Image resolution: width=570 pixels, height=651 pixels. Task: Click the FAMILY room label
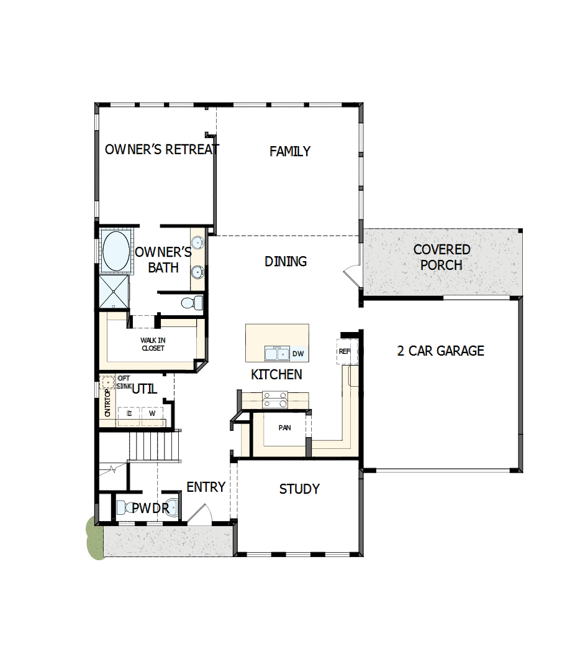pos(290,152)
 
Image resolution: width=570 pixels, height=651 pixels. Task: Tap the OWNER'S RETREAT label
pos(161,150)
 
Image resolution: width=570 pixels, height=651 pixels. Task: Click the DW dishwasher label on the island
pos(298,354)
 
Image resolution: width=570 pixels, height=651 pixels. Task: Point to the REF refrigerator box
pos(345,351)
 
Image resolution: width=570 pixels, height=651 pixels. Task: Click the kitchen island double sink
pos(277,354)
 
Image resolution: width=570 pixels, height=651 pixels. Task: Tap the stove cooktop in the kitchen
pos(275,399)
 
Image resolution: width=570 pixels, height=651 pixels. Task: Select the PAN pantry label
pos(284,428)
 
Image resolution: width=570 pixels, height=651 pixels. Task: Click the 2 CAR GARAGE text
pos(440,351)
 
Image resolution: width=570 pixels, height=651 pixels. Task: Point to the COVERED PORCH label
pos(441,257)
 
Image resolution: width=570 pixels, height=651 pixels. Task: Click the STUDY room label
pos(299,489)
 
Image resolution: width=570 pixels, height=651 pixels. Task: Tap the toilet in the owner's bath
pos(192,303)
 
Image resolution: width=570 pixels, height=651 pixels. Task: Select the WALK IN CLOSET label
pos(153,344)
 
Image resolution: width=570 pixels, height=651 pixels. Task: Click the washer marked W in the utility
pos(152,413)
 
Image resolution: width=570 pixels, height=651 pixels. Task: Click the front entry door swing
pos(200,515)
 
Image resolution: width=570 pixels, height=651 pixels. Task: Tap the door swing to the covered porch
pos(351,274)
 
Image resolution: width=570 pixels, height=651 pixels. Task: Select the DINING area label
pos(286,262)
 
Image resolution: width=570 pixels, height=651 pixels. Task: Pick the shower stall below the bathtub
pos(114,292)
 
